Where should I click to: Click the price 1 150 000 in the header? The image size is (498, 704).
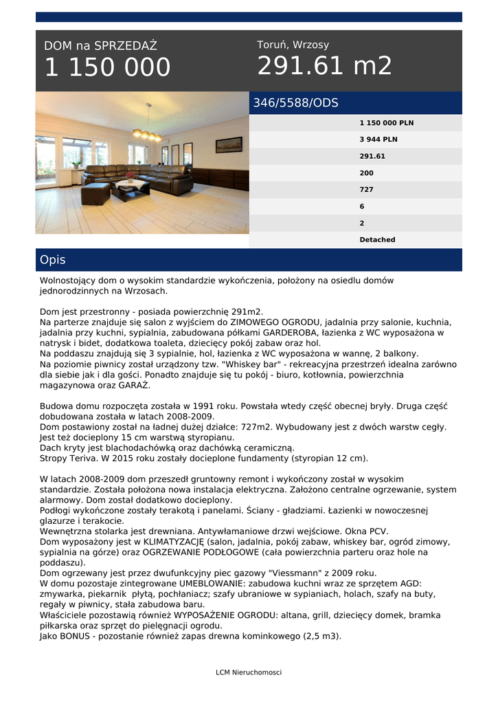107,67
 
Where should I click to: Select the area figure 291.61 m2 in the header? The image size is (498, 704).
324,66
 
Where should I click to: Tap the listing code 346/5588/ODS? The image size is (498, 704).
295,103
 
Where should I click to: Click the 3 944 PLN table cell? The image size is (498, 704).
378,140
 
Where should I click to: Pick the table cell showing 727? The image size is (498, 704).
366,189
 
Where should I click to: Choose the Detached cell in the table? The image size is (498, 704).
377,240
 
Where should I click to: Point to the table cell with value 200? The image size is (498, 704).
366,173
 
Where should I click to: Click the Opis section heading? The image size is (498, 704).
53,260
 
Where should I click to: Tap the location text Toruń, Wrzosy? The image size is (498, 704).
293,45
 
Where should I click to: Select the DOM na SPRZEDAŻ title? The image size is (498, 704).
100,46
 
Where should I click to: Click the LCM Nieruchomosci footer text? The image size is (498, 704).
249,672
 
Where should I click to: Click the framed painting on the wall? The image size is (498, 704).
229,144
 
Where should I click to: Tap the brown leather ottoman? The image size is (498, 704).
95,193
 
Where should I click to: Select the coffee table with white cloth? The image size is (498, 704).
130,188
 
